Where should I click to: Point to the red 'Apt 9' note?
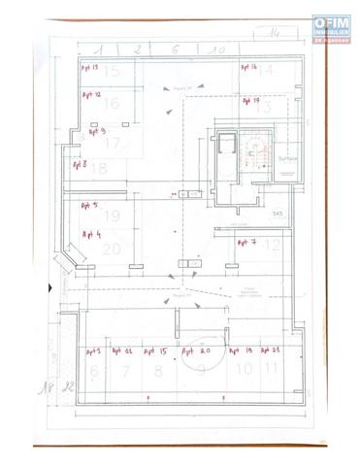[96, 129]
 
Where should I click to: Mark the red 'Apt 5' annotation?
[89, 206]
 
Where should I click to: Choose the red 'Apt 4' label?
[92, 234]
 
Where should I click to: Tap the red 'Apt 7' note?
[246, 242]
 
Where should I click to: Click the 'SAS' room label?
[278, 213]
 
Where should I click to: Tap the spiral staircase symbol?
[260, 151]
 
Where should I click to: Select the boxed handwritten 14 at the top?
[274, 34]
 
